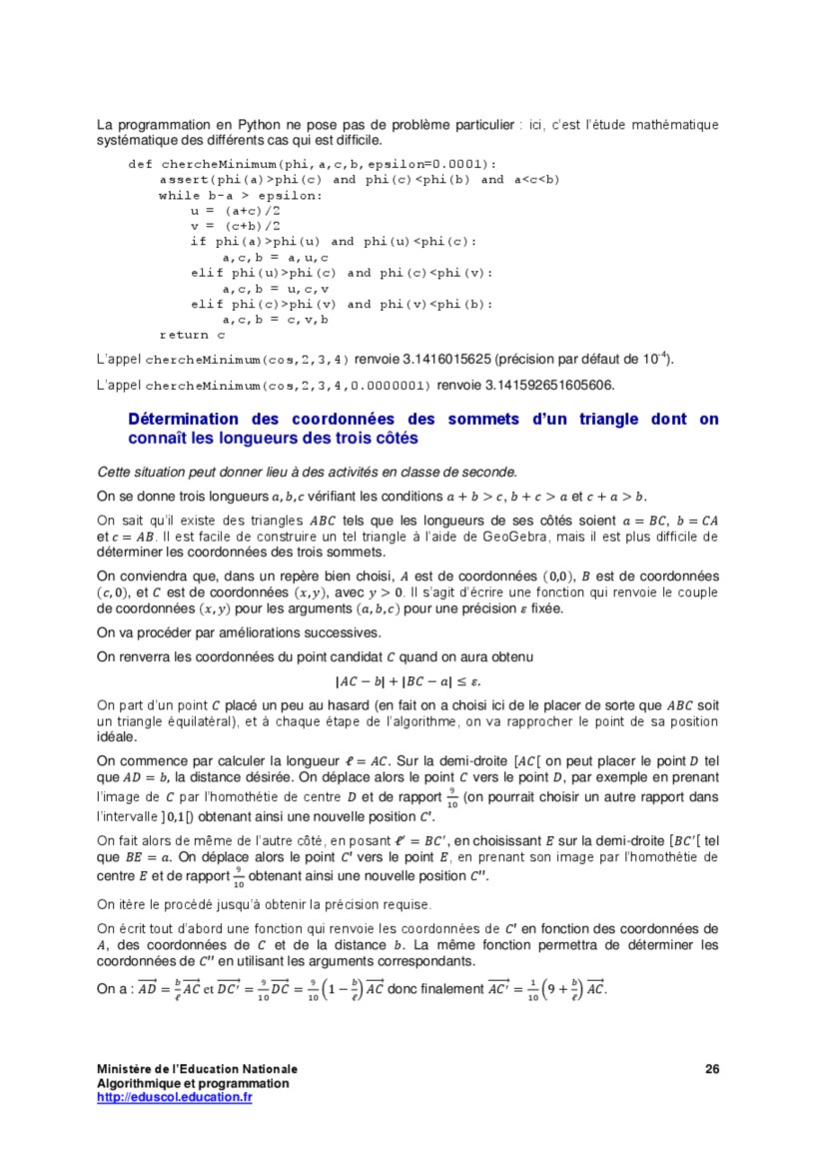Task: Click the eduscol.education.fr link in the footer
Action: pyautogui.click(x=174, y=1097)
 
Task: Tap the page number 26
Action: pyautogui.click(x=712, y=1069)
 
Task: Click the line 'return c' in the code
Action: pyautogui.click(x=185, y=335)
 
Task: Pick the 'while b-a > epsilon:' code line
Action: pyautogui.click(x=241, y=196)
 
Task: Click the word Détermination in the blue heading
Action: pyautogui.click(x=190, y=420)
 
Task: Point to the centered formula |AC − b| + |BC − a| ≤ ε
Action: pyautogui.click(x=408, y=682)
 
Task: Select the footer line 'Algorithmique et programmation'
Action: pyautogui.click(x=193, y=1083)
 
